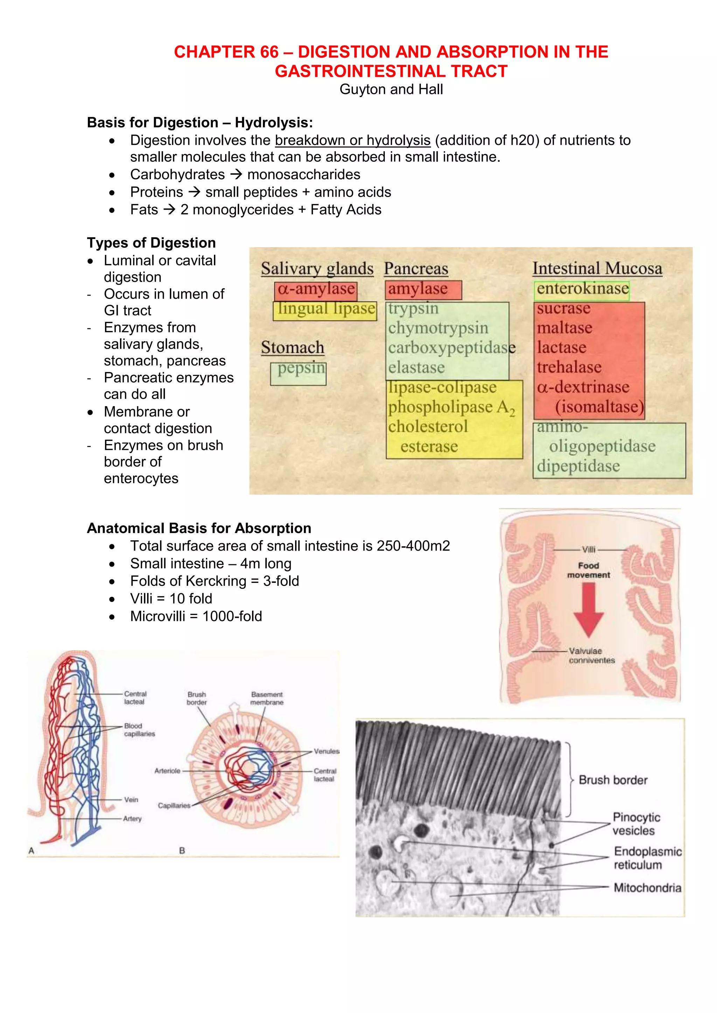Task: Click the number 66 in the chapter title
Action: pos(269,52)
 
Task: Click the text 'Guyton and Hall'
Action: pos(391,90)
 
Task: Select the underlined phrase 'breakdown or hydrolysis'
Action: pos(352,140)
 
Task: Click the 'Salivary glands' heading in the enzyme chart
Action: pos(316,268)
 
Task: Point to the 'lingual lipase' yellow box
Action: pos(325,309)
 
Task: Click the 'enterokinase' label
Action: pos(582,289)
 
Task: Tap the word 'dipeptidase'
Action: pos(578,466)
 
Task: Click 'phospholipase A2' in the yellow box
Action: pos(451,407)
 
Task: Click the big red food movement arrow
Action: pos(589,609)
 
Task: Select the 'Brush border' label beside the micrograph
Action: pos(612,780)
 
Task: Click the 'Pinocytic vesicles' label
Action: pos(636,824)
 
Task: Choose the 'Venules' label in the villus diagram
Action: pos(326,751)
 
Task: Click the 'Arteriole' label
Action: pos(167,771)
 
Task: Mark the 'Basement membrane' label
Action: pos(267,698)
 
